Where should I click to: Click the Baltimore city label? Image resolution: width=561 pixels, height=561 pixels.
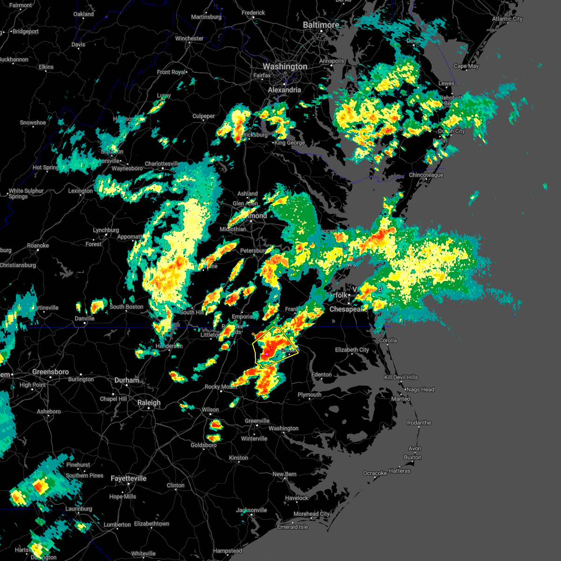(321, 25)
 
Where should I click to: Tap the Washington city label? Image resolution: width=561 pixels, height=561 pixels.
(285, 67)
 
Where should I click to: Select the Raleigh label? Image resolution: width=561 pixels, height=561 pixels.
(149, 403)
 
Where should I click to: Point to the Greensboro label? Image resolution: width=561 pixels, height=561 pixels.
(50, 372)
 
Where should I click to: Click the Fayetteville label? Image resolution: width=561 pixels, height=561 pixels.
(129, 478)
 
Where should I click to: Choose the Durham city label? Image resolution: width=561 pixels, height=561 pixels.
(127, 380)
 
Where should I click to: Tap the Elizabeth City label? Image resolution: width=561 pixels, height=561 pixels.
(352, 350)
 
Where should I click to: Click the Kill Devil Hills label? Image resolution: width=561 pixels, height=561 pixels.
(401, 377)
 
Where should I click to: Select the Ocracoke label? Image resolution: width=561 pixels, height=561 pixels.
(375, 473)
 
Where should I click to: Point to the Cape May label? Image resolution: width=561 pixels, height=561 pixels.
(466, 66)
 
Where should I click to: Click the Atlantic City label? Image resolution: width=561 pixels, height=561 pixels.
(507, 19)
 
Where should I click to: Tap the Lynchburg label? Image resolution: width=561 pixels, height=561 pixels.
(106, 230)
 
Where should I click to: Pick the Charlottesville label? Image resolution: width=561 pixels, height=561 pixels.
(162, 164)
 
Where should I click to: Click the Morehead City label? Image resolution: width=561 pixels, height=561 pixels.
(311, 514)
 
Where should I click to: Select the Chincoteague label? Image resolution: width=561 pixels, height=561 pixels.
(426, 175)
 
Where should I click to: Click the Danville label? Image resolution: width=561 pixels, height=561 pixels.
(85, 318)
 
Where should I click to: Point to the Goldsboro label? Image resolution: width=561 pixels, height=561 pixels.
(203, 445)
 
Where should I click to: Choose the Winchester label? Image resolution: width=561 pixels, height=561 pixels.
(189, 38)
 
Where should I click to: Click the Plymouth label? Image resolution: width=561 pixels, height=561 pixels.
(309, 395)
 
